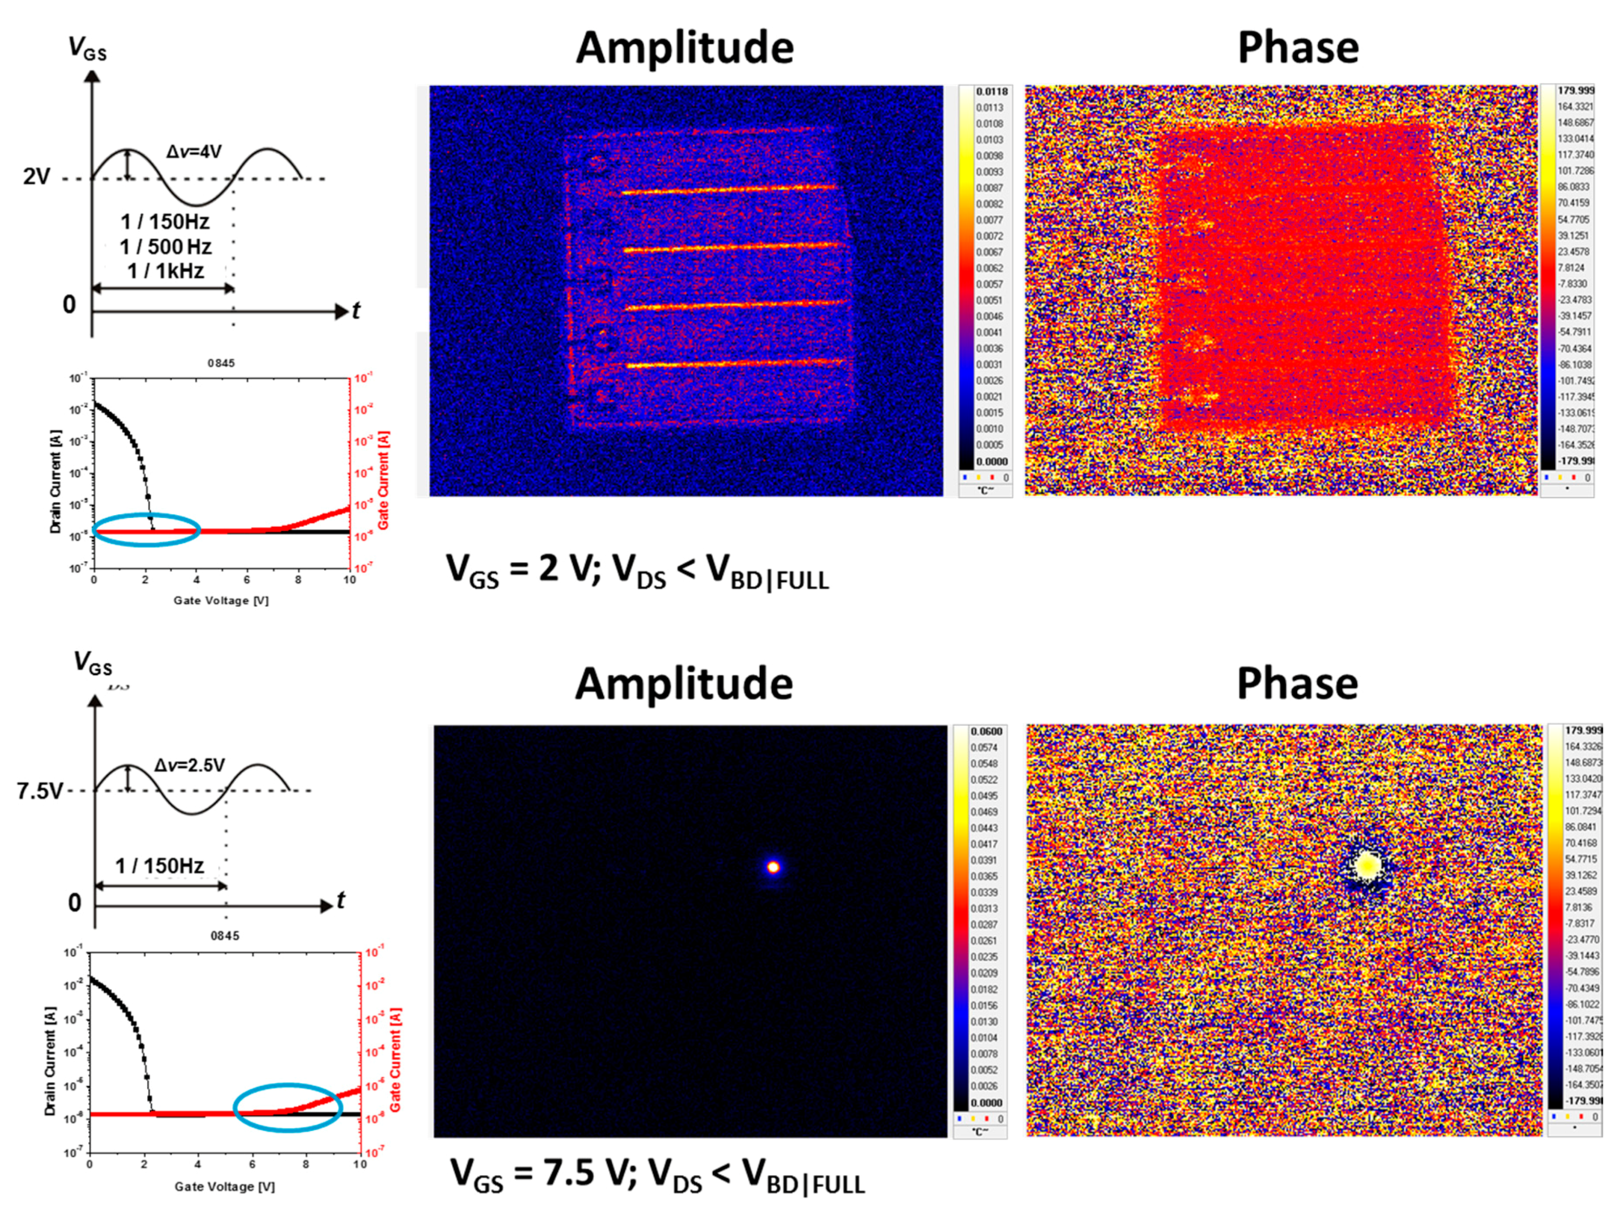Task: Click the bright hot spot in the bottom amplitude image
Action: [772, 867]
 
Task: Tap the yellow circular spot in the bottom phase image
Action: [1367, 866]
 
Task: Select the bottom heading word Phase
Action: [1297, 684]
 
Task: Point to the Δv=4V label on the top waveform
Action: [193, 152]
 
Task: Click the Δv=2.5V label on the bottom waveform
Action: [189, 765]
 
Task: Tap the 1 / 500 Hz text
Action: [166, 247]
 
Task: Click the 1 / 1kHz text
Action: [166, 272]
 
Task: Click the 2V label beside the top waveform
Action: [36, 177]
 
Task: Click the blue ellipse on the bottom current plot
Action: [288, 1108]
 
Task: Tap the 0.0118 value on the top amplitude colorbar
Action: [991, 92]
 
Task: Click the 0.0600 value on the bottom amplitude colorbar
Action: [986, 732]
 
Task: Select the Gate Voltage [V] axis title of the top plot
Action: [221, 601]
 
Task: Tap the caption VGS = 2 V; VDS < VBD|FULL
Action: [637, 571]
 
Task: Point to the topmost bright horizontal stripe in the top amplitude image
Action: [729, 190]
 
